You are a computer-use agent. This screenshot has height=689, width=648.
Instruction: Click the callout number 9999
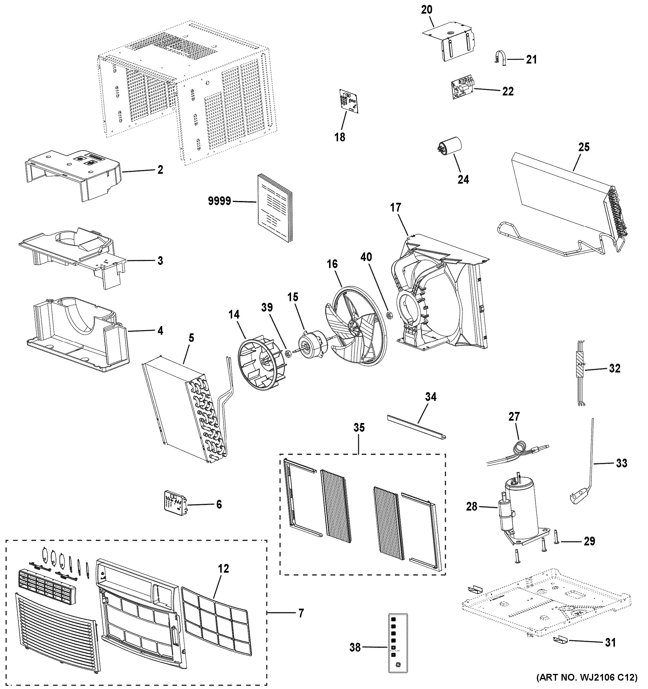[219, 201]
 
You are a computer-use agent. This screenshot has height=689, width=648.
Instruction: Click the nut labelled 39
[287, 354]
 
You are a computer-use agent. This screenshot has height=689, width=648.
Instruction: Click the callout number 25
[584, 147]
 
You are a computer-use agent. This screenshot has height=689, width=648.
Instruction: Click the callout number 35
[359, 428]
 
